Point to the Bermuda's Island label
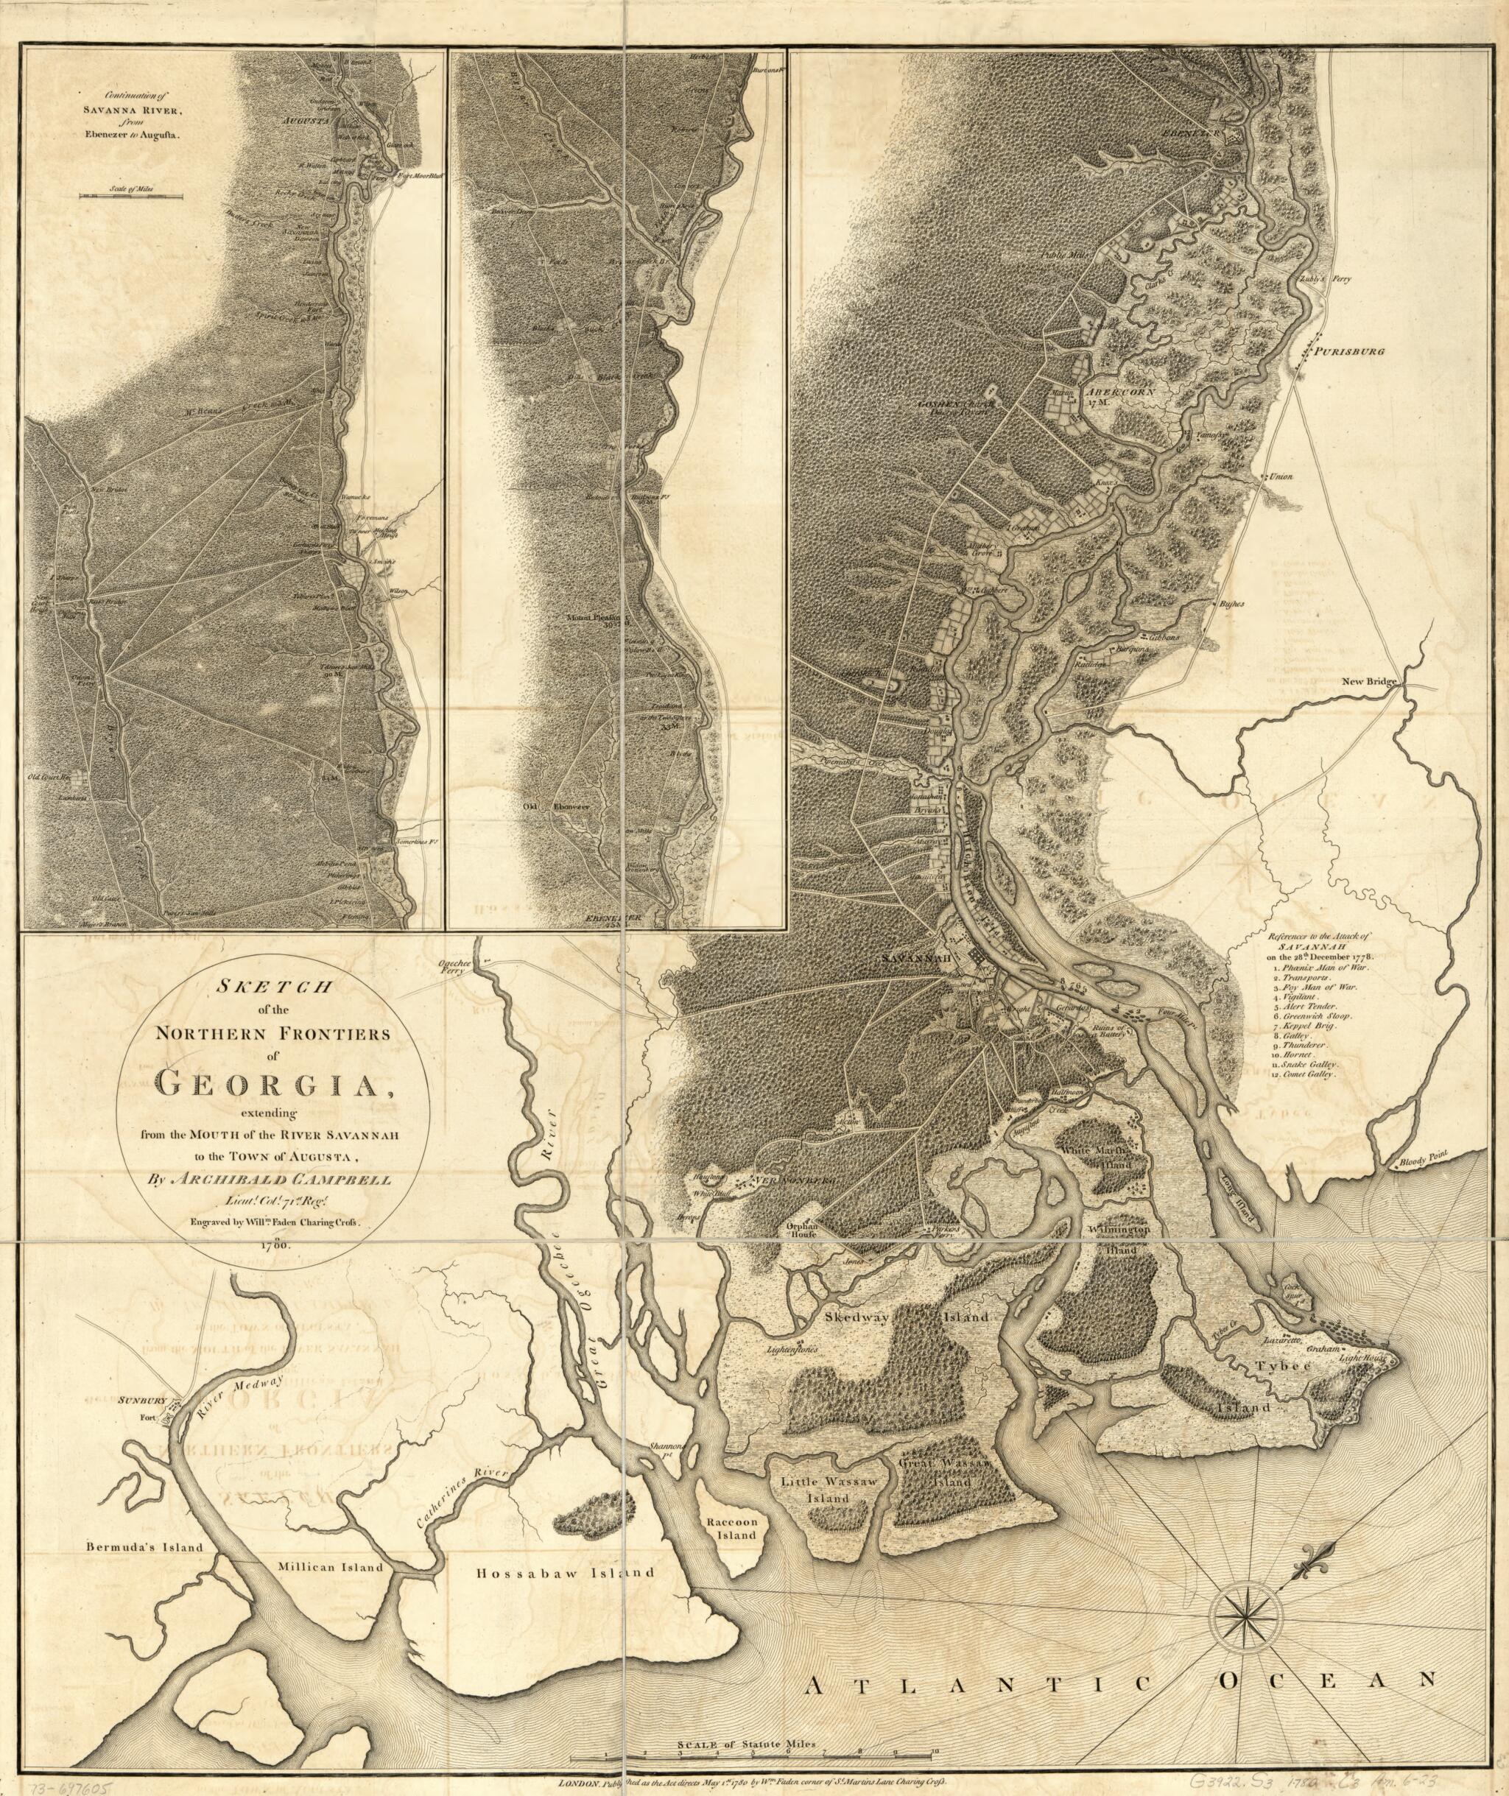click(143, 1547)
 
